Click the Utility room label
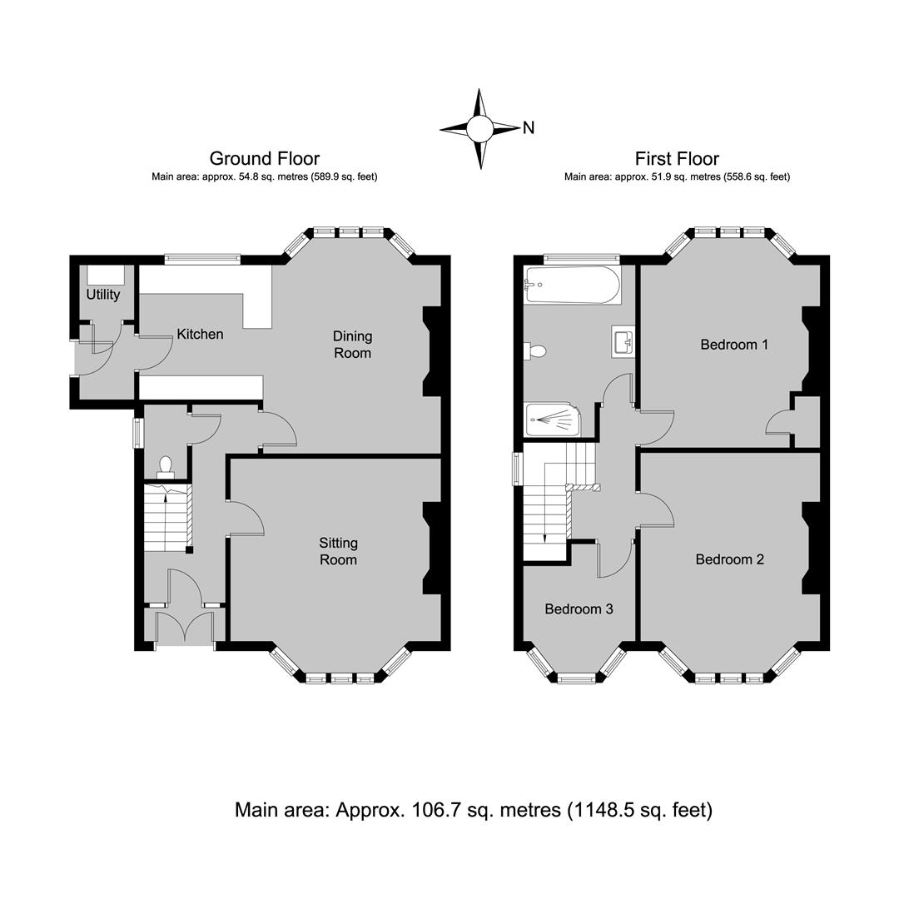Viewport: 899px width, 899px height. tap(103, 295)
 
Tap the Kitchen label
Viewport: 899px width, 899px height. tap(200, 334)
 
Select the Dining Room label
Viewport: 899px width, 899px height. tap(353, 345)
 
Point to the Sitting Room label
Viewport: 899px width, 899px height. tap(338, 551)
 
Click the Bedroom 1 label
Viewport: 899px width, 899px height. tap(734, 345)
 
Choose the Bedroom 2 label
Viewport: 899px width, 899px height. tap(730, 559)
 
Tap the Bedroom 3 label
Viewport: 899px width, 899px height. tap(579, 608)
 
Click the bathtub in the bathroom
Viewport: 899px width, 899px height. tap(572, 285)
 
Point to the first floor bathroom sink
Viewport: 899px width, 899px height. tap(623, 342)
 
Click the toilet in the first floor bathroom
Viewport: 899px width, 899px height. tap(534, 350)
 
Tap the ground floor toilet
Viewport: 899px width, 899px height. tap(165, 467)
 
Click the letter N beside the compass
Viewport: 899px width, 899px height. tap(528, 128)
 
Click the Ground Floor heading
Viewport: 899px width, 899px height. tap(265, 158)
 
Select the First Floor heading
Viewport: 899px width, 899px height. tap(677, 158)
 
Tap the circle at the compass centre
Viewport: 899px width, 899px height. tap(480, 128)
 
